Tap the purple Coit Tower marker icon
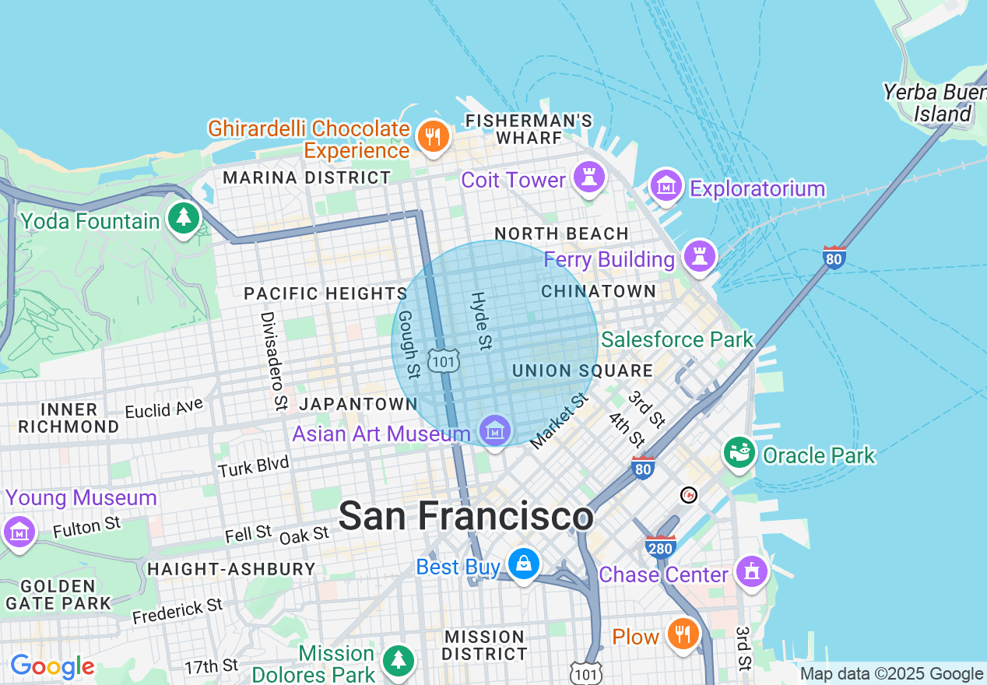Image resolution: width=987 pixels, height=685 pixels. pyautogui.click(x=589, y=177)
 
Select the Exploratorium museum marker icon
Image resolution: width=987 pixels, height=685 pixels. pyautogui.click(x=666, y=187)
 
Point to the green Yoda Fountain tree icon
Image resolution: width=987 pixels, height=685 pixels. pyautogui.click(x=184, y=218)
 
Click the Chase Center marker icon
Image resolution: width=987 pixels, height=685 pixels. pyautogui.click(x=751, y=572)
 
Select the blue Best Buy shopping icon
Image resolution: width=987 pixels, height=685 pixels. pyautogui.click(x=524, y=564)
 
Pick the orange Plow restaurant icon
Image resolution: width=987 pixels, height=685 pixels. pyautogui.click(x=683, y=634)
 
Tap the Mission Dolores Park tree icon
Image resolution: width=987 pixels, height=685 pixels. pyautogui.click(x=399, y=659)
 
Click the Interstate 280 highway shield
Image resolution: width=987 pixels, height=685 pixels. pyautogui.click(x=660, y=547)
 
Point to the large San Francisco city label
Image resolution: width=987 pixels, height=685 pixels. pyautogui.click(x=466, y=516)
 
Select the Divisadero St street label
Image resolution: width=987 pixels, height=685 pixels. pyautogui.click(x=273, y=361)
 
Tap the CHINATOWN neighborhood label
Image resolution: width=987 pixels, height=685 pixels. pyautogui.click(x=599, y=291)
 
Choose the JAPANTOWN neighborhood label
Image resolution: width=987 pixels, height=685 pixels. pyautogui.click(x=359, y=404)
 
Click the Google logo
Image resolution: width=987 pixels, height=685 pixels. pyautogui.click(x=52, y=666)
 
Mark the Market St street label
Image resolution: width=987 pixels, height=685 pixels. pyautogui.click(x=558, y=422)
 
